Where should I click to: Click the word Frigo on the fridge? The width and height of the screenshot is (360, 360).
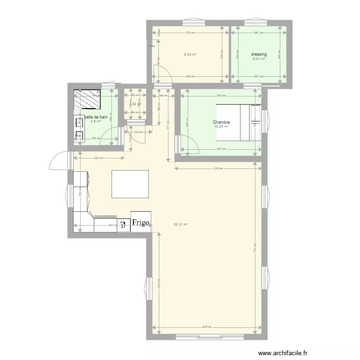(141, 223)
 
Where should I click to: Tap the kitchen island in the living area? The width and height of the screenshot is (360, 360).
(130, 183)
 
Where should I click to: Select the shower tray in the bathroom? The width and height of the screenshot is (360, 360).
(87, 101)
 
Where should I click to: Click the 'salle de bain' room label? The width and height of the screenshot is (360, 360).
(95, 117)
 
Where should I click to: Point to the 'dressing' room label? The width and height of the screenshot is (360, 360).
(259, 54)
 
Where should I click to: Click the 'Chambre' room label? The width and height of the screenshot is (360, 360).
(221, 122)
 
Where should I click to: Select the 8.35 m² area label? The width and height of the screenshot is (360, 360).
(190, 55)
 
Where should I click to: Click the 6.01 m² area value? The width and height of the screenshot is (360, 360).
(259, 59)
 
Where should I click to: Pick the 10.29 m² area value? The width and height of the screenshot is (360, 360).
(221, 127)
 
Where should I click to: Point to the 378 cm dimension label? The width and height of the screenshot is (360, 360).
(218, 168)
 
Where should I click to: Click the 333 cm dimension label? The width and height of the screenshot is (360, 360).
(190, 33)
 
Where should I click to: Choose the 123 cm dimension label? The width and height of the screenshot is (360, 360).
(139, 132)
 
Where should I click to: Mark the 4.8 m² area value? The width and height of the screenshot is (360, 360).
(95, 121)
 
